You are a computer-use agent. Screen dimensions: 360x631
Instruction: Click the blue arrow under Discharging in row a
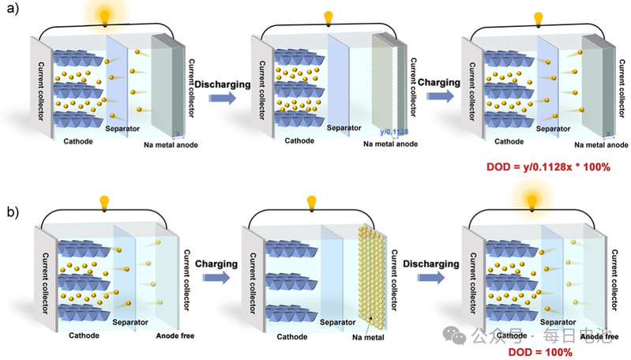223,97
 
